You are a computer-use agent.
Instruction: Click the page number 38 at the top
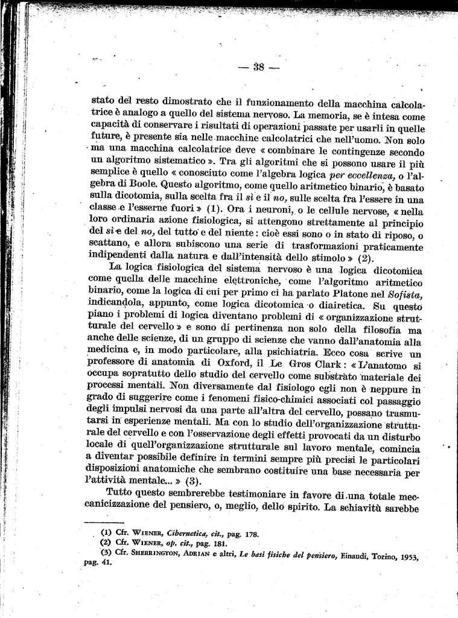click(259, 67)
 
